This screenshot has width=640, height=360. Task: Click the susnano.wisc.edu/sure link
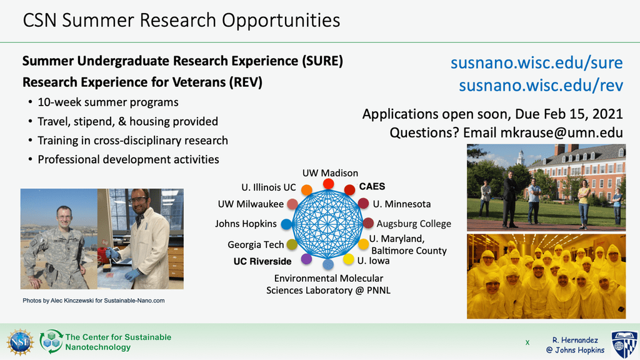pos(537,63)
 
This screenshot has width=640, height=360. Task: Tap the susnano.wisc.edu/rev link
pos(541,85)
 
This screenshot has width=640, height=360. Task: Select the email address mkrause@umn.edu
pos(562,132)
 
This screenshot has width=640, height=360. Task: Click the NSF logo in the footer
pos(20,342)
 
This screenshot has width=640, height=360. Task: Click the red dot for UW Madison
pos(329,184)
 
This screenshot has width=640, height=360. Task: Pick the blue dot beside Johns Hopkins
pos(286,224)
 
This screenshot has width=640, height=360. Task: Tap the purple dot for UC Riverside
pos(306,258)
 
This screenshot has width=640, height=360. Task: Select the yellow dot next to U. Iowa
pos(349,259)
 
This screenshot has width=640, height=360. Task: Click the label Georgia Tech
pos(256,244)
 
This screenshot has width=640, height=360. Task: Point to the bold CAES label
pos(372,186)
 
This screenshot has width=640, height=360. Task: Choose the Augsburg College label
pos(414,224)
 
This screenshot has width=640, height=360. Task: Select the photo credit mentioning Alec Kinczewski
pos(94,301)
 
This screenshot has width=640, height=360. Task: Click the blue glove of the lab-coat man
pos(132,274)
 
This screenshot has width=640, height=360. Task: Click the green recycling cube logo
pos(51,342)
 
